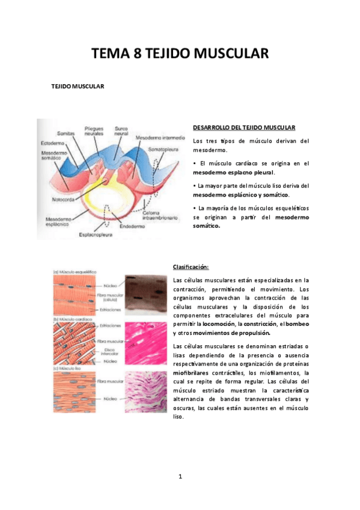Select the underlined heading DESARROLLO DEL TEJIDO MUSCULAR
(x=244, y=127)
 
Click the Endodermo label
(x=131, y=227)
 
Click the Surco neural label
(x=123, y=131)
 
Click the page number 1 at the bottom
(x=180, y=477)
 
